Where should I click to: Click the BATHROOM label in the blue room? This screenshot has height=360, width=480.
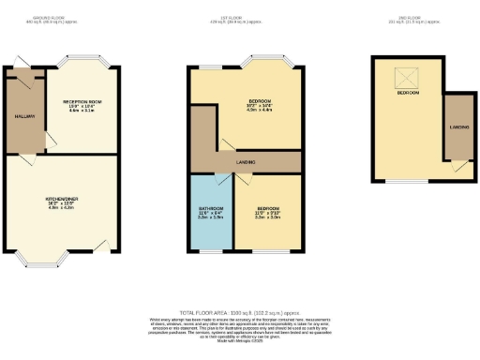click(210, 208)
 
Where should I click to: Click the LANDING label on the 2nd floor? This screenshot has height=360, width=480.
click(460, 126)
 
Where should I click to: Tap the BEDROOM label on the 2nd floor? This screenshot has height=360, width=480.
click(408, 93)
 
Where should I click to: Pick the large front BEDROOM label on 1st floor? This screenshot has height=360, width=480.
click(259, 100)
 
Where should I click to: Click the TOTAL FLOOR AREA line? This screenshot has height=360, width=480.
click(239, 312)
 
